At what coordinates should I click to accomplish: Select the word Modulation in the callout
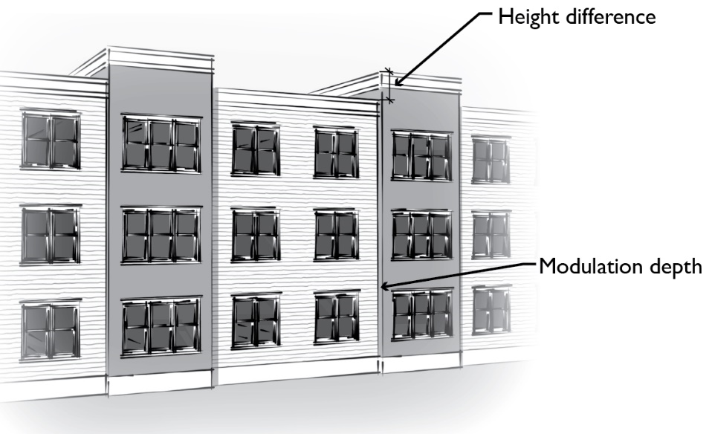pos(587,266)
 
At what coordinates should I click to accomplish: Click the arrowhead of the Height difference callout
pos(395,86)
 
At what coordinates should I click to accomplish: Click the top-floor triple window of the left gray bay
pos(161,143)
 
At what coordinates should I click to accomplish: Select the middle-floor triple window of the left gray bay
pos(161,235)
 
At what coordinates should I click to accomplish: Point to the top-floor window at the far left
pos(50,140)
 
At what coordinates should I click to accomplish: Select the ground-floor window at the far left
pos(50,331)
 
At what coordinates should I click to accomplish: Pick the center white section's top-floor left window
pos(256,149)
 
